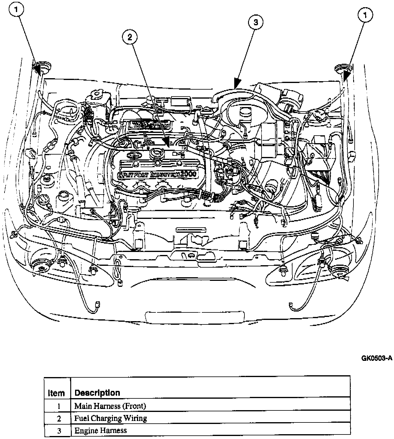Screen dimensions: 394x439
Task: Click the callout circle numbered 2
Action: [x=130, y=37]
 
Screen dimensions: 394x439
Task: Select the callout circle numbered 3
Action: [x=255, y=22]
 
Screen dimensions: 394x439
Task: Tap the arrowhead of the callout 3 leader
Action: [x=237, y=84]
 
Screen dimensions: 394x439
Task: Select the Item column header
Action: [x=56, y=393]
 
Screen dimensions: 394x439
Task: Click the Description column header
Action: [x=97, y=393]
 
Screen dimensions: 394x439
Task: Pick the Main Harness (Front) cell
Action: [x=110, y=406]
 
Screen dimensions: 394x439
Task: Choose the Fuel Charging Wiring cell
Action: [x=111, y=418]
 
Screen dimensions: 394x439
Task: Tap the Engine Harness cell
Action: [x=101, y=431]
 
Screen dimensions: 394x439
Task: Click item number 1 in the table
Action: [x=59, y=406]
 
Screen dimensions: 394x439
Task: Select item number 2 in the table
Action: [x=59, y=419]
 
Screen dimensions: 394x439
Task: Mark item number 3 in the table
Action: [x=59, y=431]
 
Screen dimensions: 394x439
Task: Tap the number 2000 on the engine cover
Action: [x=187, y=173]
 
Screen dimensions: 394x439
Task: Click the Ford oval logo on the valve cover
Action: [x=131, y=155]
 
